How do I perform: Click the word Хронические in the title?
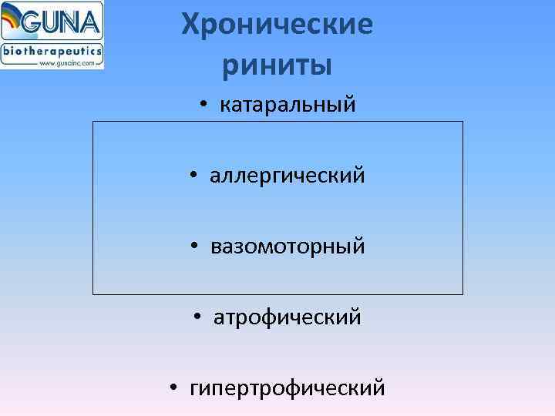point(277,26)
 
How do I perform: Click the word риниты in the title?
point(277,65)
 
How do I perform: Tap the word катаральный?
point(288,105)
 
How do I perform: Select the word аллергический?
point(288,176)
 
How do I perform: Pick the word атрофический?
point(288,317)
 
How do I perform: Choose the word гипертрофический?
point(288,388)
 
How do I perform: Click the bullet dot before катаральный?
point(201,106)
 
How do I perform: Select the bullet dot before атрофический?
point(198,317)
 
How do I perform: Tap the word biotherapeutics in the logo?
point(52,51)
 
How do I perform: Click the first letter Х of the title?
point(191,26)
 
